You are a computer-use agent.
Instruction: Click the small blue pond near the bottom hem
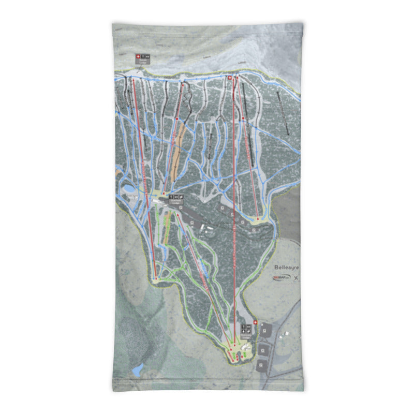(138, 369)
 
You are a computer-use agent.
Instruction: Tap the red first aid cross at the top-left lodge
(138, 56)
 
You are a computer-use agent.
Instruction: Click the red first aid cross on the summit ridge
(230, 78)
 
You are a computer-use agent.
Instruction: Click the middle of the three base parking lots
(263, 349)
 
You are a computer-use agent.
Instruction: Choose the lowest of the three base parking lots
(261, 365)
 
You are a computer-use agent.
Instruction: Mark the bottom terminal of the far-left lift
(155, 278)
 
